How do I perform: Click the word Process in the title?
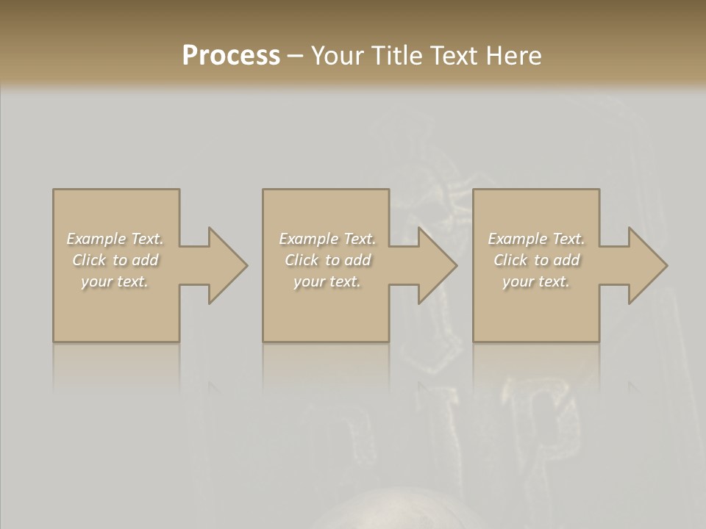pyautogui.click(x=231, y=56)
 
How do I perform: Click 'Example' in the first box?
pyautogui.click(x=96, y=239)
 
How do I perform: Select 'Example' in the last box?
pyautogui.click(x=517, y=239)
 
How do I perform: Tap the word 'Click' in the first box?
pyautogui.click(x=89, y=260)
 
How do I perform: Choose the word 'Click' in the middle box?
pyautogui.click(x=302, y=260)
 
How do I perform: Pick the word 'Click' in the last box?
pyautogui.click(x=510, y=260)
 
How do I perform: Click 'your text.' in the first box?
pyautogui.click(x=115, y=281)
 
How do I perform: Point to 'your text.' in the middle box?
pyautogui.click(x=327, y=281)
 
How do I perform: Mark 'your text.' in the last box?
pyautogui.click(x=536, y=281)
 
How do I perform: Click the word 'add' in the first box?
pyautogui.click(x=145, y=260)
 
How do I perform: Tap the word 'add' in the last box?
pyautogui.click(x=566, y=260)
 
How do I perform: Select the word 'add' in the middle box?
pyautogui.click(x=357, y=260)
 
